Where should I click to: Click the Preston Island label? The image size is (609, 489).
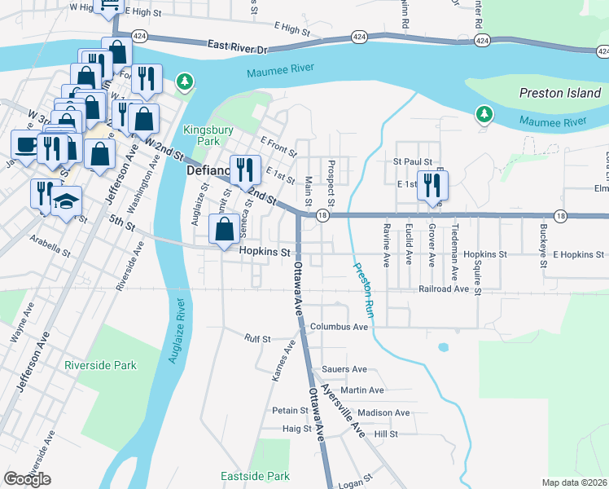(559, 93)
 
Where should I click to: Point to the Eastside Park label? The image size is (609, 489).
(255, 476)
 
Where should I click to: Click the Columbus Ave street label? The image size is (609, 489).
(344, 327)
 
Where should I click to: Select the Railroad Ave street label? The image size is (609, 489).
(444, 289)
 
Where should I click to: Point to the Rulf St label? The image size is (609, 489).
(258, 337)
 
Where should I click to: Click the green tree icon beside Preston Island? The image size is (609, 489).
(484, 114)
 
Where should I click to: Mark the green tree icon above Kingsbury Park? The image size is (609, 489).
(186, 81)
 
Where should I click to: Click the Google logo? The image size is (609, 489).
(27, 479)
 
